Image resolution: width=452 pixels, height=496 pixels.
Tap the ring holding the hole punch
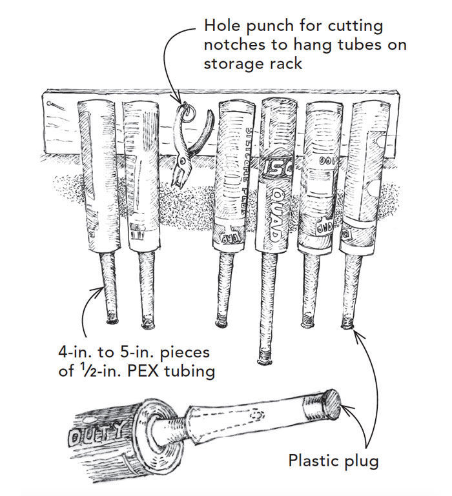point(188,111)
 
